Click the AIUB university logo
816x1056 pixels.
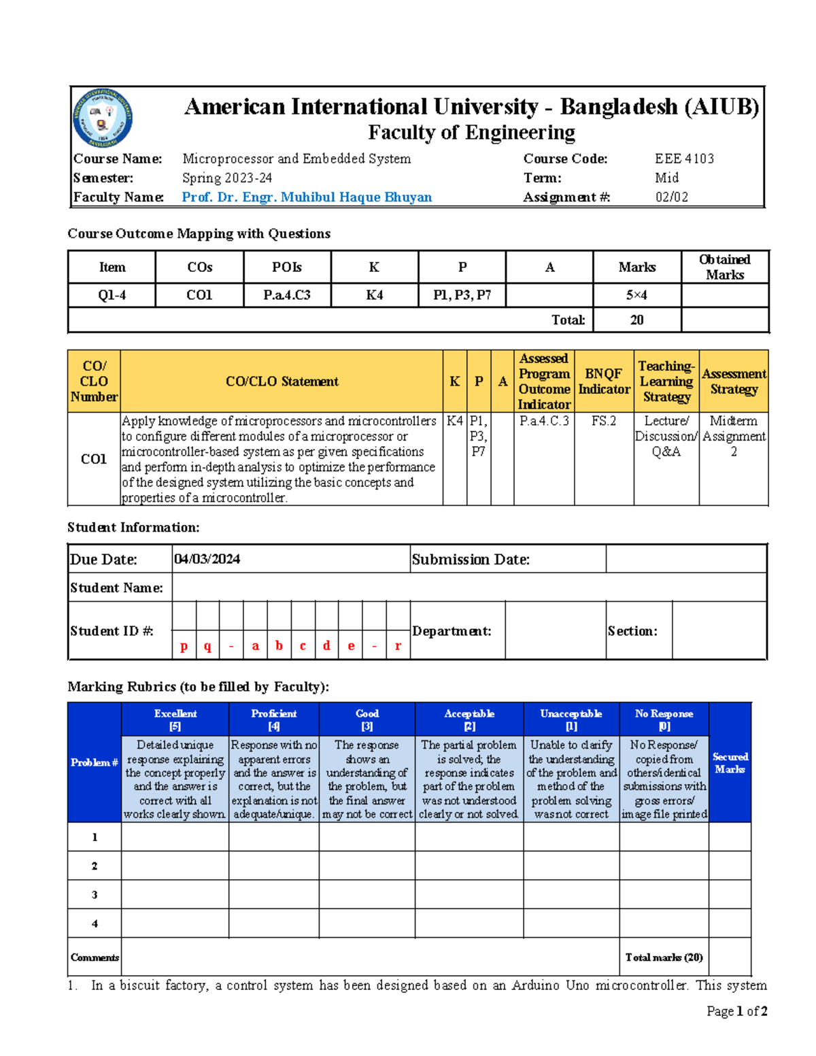point(103,118)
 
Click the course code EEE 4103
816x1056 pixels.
point(684,158)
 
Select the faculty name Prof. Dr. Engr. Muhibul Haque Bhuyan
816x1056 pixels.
point(307,197)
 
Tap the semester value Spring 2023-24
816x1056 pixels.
point(227,178)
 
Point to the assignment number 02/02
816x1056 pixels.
point(671,197)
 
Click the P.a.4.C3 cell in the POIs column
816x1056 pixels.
point(287,295)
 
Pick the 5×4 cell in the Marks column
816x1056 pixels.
point(636,295)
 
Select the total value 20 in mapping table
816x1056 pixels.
point(636,320)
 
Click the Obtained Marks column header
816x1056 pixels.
point(725,267)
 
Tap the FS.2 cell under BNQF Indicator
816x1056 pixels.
point(603,421)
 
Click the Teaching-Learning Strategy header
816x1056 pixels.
point(666,381)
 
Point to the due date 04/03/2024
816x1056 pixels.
point(207,559)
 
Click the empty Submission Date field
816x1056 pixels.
point(685,559)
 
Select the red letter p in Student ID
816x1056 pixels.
point(184,646)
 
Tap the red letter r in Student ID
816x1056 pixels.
point(398,646)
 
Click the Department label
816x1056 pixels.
point(452,631)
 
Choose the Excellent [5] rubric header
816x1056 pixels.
point(175,719)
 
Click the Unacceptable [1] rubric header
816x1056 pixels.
point(571,719)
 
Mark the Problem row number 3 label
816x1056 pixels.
point(95,895)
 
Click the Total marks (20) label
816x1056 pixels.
point(664,957)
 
